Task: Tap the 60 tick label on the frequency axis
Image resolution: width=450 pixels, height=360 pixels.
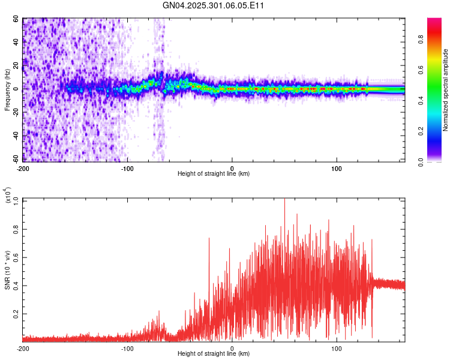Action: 16,19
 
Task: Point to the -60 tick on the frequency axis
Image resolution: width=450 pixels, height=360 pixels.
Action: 14,159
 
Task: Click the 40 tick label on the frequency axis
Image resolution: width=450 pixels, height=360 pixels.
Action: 16,43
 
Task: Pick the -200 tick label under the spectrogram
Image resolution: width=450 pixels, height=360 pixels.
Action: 23,168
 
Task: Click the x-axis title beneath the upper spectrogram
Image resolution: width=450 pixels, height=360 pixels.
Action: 214,174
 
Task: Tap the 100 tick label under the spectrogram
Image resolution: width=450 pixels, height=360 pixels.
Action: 337,168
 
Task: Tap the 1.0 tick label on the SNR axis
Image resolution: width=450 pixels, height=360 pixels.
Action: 14,200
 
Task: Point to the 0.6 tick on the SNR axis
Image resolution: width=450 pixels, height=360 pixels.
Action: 14,257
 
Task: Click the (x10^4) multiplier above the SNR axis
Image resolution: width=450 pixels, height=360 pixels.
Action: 7,196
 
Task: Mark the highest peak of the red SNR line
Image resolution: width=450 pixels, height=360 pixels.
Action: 284,199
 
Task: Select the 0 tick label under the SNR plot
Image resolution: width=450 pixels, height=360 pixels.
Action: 232,348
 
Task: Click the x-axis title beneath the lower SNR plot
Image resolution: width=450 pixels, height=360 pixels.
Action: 214,354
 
